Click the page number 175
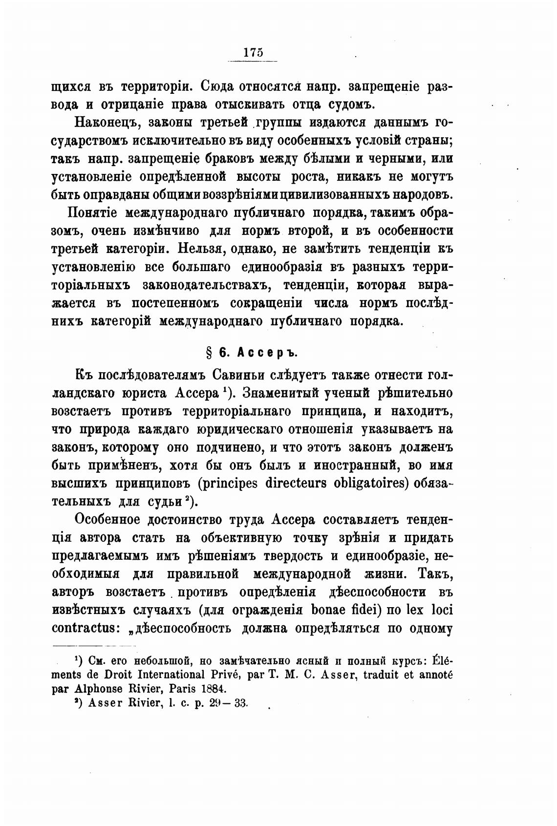tap(253, 52)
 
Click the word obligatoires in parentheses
tap(373, 484)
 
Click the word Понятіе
tap(93, 213)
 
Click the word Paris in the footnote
tap(181, 688)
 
